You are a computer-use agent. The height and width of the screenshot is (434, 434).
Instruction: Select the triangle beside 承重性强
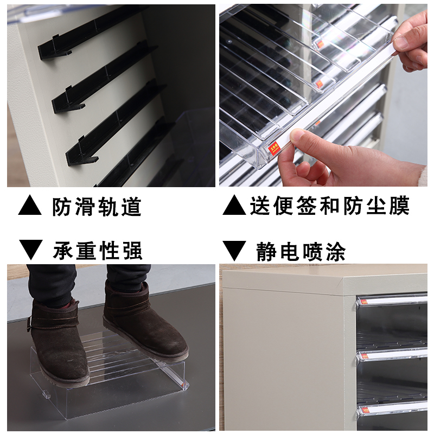coord(30,250)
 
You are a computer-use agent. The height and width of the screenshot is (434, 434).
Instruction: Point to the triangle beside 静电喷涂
coord(234,250)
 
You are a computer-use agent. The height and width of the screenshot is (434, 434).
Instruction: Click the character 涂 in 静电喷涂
coord(335,251)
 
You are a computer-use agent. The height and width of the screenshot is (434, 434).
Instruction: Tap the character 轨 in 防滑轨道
coord(108,206)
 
